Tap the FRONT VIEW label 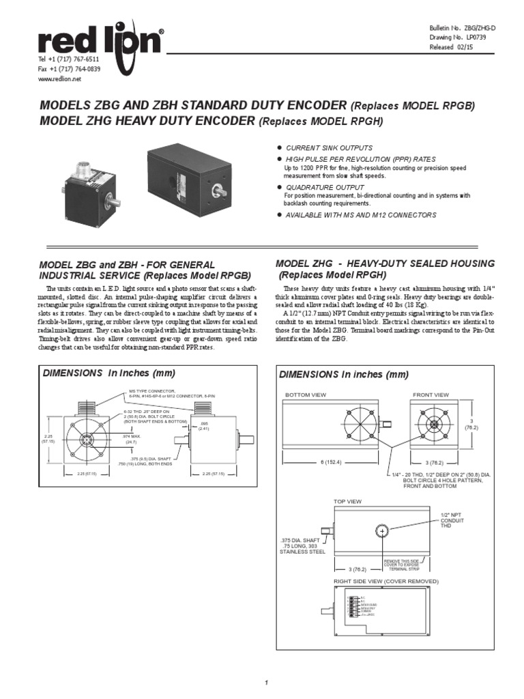click(x=431, y=395)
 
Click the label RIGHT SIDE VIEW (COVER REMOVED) click(x=385, y=581)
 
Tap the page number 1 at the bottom click(x=267, y=683)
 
